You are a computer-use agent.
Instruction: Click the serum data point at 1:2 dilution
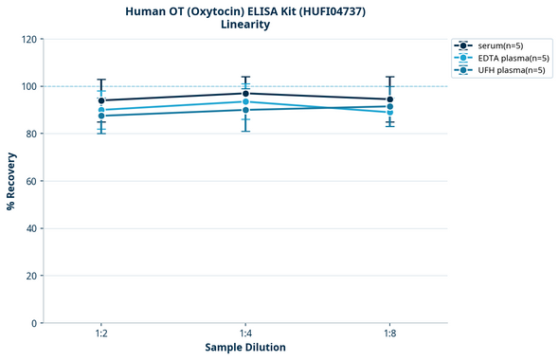pyautogui.click(x=101, y=100)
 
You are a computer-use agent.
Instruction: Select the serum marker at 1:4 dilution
pyautogui.click(x=245, y=94)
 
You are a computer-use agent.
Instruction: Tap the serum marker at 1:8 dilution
pyautogui.click(x=389, y=99)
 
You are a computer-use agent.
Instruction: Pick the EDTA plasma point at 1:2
pyautogui.click(x=101, y=110)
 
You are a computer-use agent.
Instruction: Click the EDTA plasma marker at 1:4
pyautogui.click(x=245, y=101)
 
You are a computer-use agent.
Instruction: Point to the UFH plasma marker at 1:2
pyautogui.click(x=101, y=116)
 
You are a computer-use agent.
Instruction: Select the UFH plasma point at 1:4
pyautogui.click(x=245, y=110)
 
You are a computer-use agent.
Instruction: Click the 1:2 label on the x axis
pyautogui.click(x=101, y=334)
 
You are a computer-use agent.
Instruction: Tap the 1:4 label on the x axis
pyautogui.click(x=245, y=334)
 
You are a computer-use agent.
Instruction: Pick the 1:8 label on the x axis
pyautogui.click(x=389, y=334)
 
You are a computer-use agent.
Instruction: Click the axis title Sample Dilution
pyautogui.click(x=245, y=348)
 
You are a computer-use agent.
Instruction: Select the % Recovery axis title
pyautogui.click(x=11, y=181)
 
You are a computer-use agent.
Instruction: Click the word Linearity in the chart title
pyautogui.click(x=245, y=25)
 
